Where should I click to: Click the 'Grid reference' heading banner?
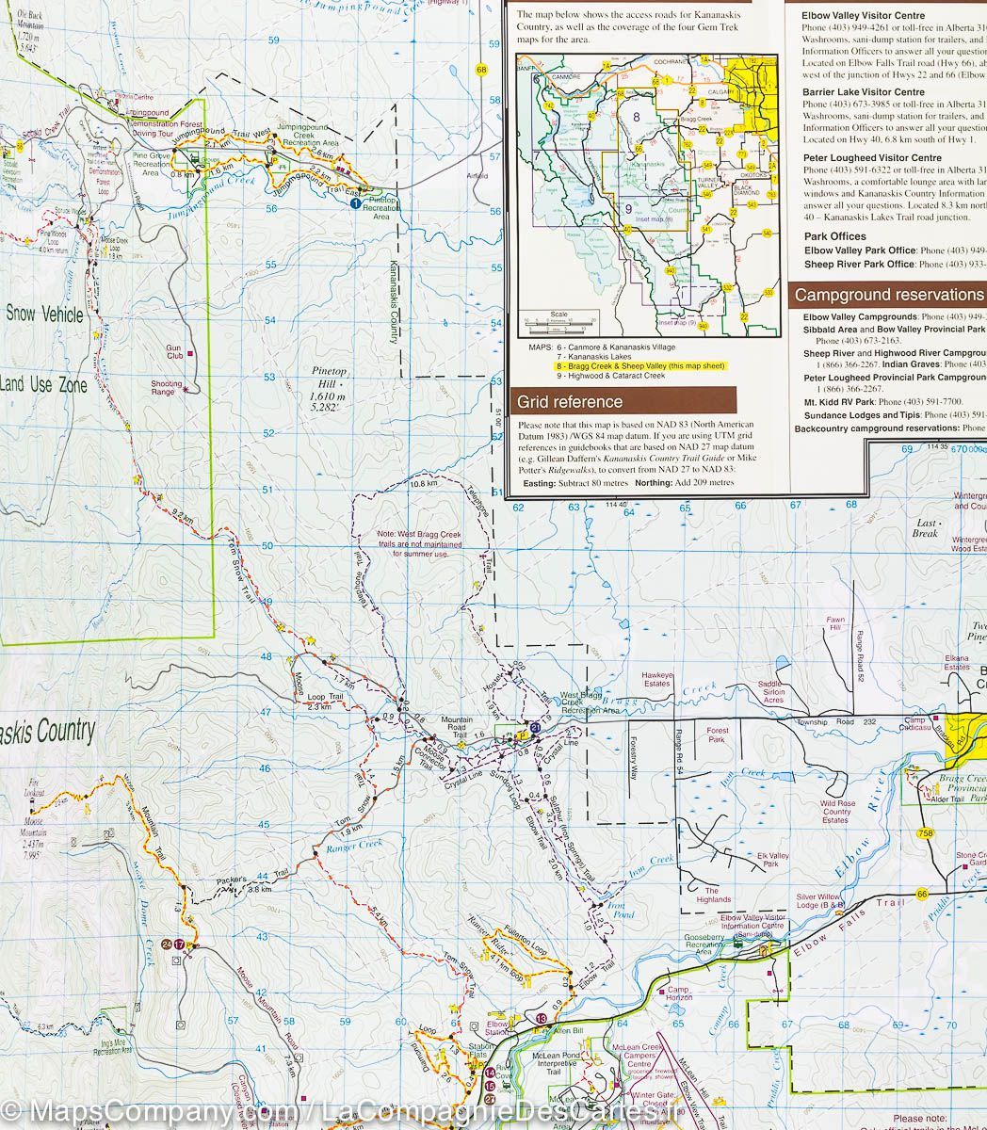(x=570, y=402)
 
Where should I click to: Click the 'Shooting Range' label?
(x=168, y=388)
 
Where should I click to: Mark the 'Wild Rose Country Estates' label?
(x=835, y=812)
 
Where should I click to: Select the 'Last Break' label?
(x=926, y=528)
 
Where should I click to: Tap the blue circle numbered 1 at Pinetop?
(x=355, y=202)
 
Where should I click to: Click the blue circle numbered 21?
(x=535, y=727)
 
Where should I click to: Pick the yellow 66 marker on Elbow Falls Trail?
(x=922, y=893)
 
